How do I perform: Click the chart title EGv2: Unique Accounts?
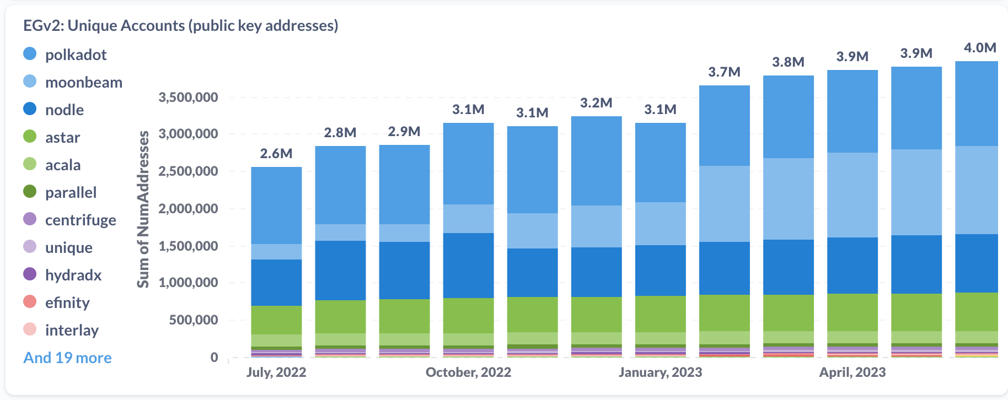pyautogui.click(x=180, y=25)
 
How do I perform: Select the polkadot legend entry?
pyautogui.click(x=76, y=55)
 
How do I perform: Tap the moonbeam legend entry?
pyautogui.click(x=83, y=82)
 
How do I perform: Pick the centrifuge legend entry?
pyautogui.click(x=81, y=220)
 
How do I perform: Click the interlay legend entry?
pyautogui.click(x=72, y=330)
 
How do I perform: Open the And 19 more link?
pyautogui.click(x=67, y=358)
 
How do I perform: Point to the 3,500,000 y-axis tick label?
pyautogui.click(x=188, y=98)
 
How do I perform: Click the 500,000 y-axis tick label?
pyautogui.click(x=194, y=320)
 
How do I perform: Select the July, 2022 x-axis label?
pyautogui.click(x=276, y=372)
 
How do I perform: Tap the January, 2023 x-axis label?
pyautogui.click(x=660, y=372)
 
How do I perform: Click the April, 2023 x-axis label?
pyautogui.click(x=852, y=372)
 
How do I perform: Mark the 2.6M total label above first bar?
pyautogui.click(x=276, y=153)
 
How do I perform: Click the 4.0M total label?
pyautogui.click(x=980, y=47)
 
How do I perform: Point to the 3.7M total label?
pyautogui.click(x=724, y=72)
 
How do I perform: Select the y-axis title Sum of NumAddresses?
pyautogui.click(x=143, y=209)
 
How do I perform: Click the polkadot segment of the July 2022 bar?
pyautogui.click(x=276, y=205)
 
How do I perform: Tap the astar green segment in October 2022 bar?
pyautogui.click(x=468, y=315)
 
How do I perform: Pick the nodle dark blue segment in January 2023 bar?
pyautogui.click(x=660, y=270)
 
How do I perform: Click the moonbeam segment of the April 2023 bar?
pyautogui.click(x=852, y=194)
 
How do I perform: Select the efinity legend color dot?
pyautogui.click(x=30, y=302)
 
